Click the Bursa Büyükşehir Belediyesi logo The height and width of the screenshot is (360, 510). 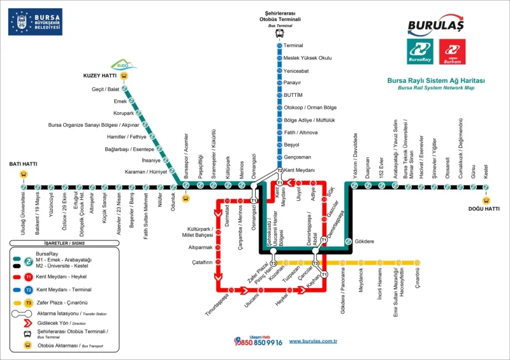(35, 22)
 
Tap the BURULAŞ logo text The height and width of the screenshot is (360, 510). (436, 26)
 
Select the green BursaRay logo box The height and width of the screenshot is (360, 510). (420, 51)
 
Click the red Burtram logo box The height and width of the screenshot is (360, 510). (453, 51)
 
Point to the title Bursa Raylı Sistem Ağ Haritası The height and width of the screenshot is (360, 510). (436, 81)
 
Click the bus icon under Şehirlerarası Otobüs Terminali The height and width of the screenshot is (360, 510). (279, 32)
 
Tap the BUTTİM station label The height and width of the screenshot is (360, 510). (293, 95)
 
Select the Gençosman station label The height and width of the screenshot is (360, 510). (298, 157)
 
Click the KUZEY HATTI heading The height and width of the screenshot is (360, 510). (100, 75)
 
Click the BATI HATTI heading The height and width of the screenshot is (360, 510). (23, 164)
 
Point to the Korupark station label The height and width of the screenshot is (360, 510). (124, 113)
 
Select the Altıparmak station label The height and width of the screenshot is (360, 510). (200, 247)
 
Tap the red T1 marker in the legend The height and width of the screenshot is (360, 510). (29, 277)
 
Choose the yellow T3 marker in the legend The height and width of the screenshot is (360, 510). (29, 303)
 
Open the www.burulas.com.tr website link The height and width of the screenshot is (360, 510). (313, 342)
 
